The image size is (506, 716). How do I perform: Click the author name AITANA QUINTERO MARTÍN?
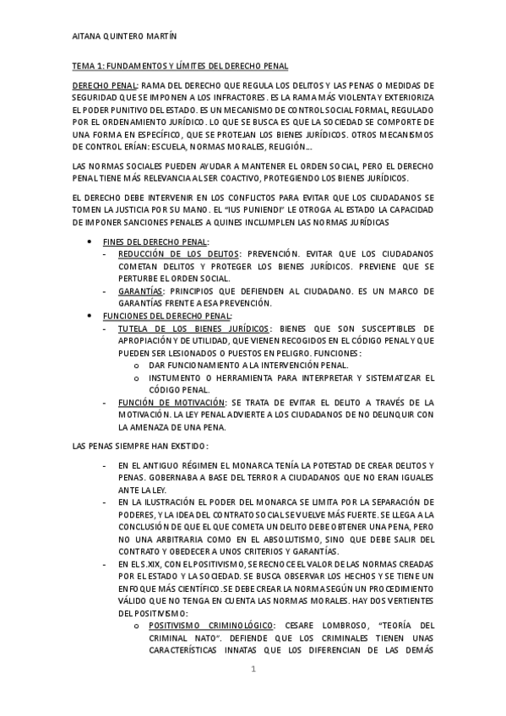click(125, 36)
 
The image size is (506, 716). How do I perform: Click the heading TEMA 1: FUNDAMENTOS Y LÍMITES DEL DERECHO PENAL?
click(180, 66)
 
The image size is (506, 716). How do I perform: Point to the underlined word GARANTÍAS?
click(141, 290)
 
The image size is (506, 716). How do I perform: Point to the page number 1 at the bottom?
click(253, 670)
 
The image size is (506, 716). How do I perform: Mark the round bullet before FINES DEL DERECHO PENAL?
click(90, 241)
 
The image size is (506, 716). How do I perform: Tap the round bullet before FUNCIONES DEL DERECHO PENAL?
click(90, 315)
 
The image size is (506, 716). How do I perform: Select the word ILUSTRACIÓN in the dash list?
click(161, 502)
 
